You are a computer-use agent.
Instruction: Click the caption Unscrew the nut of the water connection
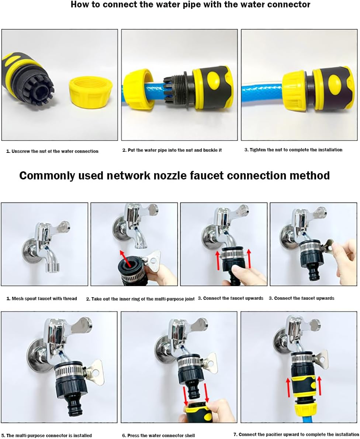click(x=52, y=151)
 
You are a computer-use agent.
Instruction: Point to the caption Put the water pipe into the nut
click(x=172, y=150)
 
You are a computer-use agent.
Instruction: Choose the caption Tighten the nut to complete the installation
click(x=293, y=150)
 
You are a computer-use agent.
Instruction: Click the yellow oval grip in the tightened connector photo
click(x=335, y=81)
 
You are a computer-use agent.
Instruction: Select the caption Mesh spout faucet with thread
click(x=42, y=298)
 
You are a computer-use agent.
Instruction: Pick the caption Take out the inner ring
click(x=140, y=299)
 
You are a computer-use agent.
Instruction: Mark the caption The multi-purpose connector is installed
click(x=46, y=435)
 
